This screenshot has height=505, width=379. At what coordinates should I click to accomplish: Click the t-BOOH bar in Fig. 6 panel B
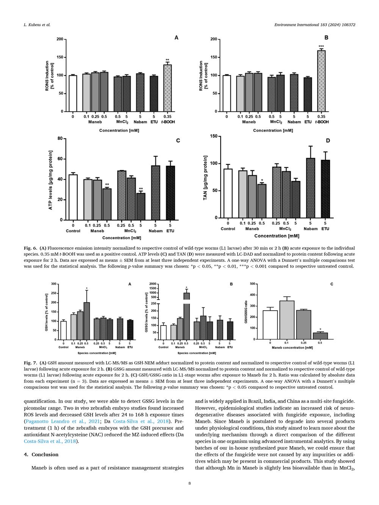point(321,81)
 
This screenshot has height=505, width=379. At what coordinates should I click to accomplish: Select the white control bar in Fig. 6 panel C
point(73,197)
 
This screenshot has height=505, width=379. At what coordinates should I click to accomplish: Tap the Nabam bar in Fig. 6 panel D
point(310,188)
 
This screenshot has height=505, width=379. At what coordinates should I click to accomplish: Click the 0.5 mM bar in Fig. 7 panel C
point(320,336)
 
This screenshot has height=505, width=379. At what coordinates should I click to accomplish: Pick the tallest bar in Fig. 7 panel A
point(86,321)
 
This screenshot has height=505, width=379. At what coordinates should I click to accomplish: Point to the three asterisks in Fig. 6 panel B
point(321,46)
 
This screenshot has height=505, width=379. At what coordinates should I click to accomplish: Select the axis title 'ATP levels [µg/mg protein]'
point(50,180)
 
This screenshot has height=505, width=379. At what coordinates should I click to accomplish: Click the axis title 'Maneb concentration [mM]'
point(292,347)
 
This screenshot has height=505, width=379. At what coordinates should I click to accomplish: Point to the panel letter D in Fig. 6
point(328,141)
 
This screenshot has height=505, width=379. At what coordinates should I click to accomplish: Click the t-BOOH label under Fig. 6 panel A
point(168,122)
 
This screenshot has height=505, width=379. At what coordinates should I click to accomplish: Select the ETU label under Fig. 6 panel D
point(325,229)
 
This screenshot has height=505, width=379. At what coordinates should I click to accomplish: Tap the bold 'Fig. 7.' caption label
point(30,363)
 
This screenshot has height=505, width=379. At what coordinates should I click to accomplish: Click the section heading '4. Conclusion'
point(41,454)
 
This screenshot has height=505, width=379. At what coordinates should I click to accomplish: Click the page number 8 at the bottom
point(189,483)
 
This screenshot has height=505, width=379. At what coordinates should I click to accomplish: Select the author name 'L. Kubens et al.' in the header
point(37,25)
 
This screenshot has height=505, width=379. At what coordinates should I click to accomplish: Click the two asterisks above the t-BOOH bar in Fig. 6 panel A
point(168,60)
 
